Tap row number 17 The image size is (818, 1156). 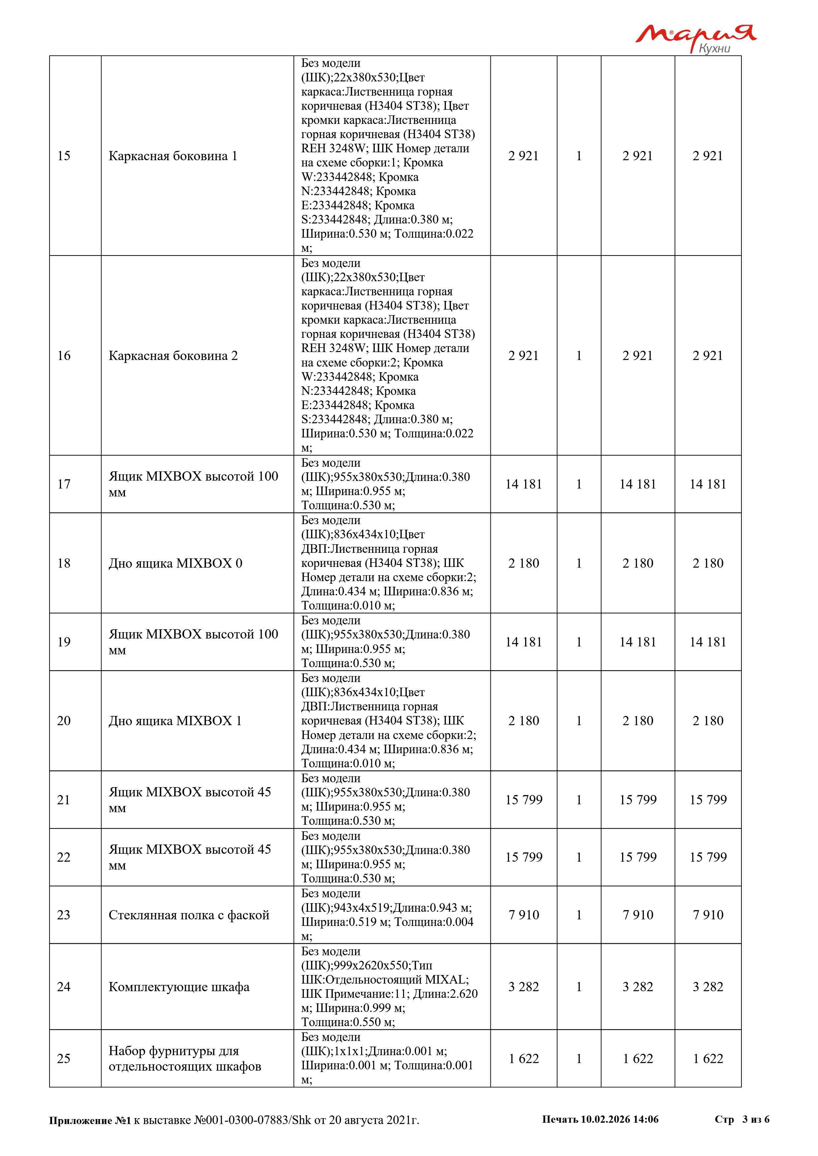click(x=64, y=484)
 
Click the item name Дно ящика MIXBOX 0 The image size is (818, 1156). click(x=175, y=563)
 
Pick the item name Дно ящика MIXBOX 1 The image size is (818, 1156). click(x=175, y=721)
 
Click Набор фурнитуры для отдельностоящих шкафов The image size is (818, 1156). click(x=184, y=1058)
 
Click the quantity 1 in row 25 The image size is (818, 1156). click(x=579, y=1058)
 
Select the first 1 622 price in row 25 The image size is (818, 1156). click(x=523, y=1058)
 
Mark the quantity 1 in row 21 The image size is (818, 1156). click(x=579, y=800)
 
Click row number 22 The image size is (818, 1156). click(x=64, y=857)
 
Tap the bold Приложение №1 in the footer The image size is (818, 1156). click(x=90, y=1120)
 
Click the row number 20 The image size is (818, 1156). click(x=64, y=721)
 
